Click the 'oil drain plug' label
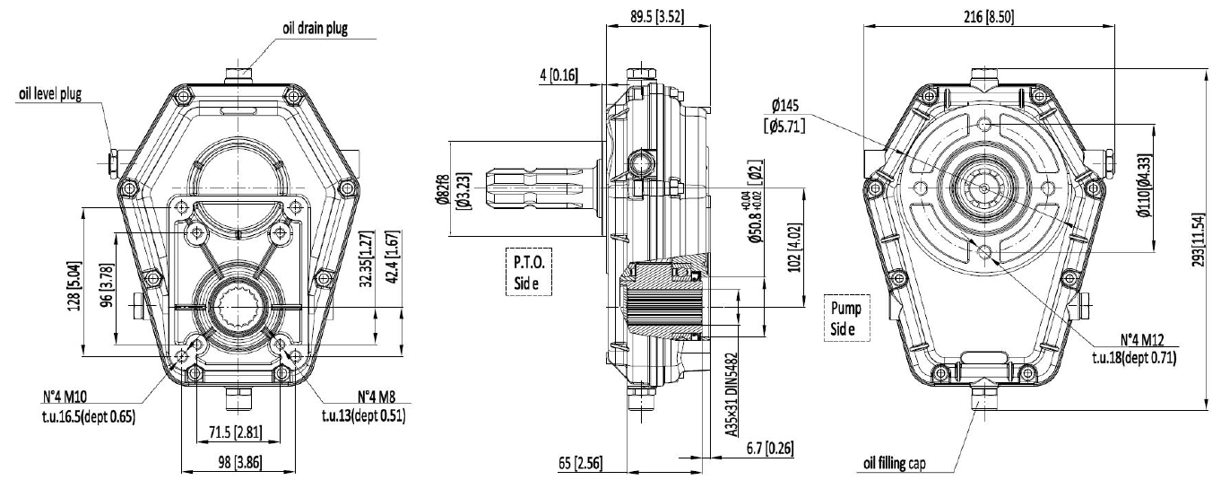click(315, 28)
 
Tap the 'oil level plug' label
click(50, 93)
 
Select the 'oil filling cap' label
click(895, 464)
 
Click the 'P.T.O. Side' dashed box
click(529, 272)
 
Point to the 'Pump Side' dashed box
click(847, 318)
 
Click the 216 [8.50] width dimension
click(989, 17)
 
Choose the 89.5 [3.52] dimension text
click(657, 16)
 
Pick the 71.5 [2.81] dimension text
click(236, 432)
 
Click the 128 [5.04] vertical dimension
click(74, 286)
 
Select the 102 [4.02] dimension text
click(795, 248)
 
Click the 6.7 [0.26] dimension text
click(770, 448)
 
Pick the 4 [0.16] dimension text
click(559, 74)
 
